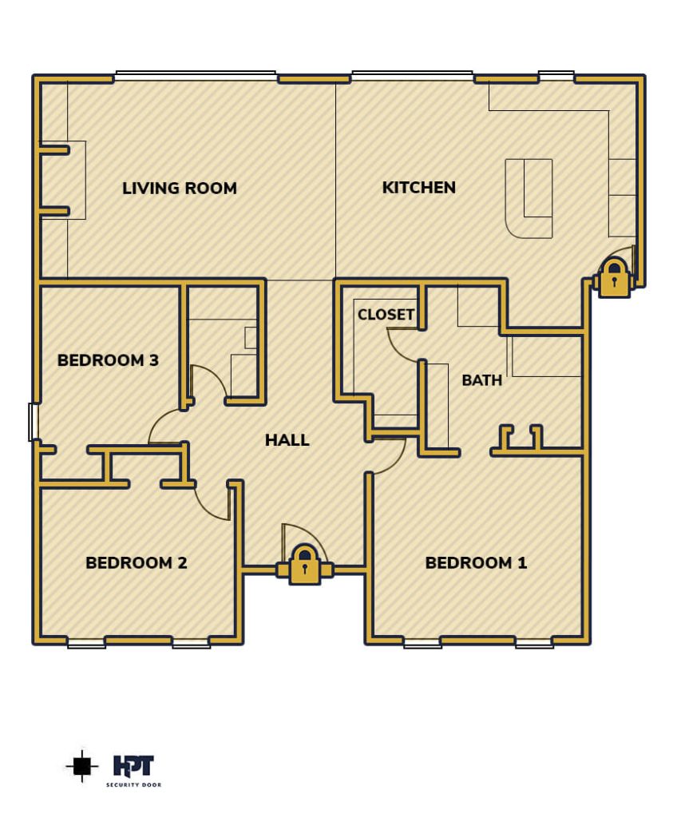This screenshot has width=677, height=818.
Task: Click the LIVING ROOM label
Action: (x=180, y=188)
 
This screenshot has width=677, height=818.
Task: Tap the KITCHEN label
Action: (x=419, y=187)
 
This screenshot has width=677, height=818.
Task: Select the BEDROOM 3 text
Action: (x=108, y=360)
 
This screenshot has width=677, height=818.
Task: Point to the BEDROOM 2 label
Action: (x=137, y=562)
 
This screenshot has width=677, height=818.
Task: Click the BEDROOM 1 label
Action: (x=476, y=562)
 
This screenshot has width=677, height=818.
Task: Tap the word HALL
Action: (x=287, y=440)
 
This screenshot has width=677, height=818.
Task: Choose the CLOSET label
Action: (x=386, y=314)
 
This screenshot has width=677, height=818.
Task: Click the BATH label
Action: (x=482, y=379)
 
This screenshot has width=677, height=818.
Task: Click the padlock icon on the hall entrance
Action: (x=305, y=564)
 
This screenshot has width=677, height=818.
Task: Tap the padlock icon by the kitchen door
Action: (x=614, y=278)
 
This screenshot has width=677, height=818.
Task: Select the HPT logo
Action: (x=133, y=766)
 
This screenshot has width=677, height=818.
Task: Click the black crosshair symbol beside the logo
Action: (x=82, y=766)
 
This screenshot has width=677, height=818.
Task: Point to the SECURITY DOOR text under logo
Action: (x=133, y=784)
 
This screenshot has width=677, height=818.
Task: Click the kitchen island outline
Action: (x=529, y=199)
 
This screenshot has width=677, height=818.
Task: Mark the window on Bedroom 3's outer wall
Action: (x=34, y=422)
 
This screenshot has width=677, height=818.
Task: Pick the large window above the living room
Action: (x=196, y=76)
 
